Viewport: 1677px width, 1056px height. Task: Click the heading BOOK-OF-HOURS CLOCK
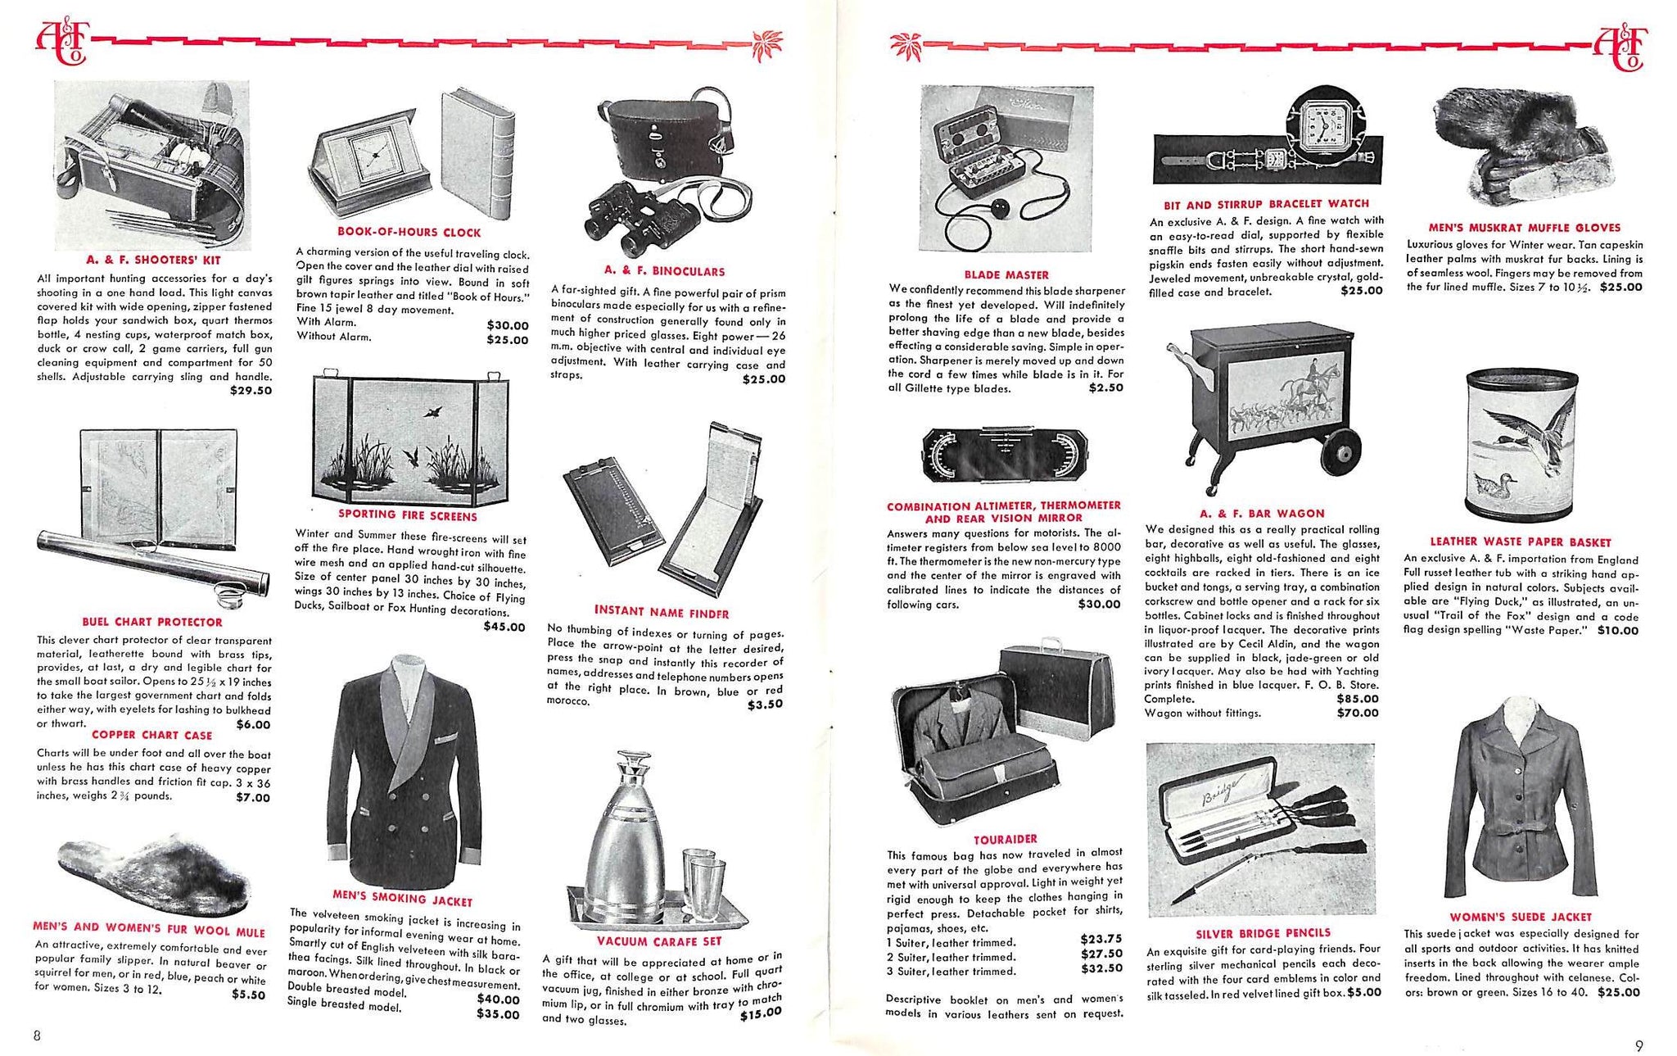(409, 232)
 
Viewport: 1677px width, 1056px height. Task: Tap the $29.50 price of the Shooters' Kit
(251, 391)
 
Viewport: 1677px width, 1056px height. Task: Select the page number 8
(37, 1035)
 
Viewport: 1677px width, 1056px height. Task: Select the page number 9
(1639, 1045)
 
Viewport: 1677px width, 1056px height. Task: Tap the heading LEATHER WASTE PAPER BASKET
(1520, 542)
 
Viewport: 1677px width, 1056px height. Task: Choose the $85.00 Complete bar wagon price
(1358, 699)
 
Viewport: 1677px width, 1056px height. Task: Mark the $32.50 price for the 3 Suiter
(1101, 968)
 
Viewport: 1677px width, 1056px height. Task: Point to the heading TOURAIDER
(1005, 839)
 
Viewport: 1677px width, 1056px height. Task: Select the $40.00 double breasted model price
(498, 999)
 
